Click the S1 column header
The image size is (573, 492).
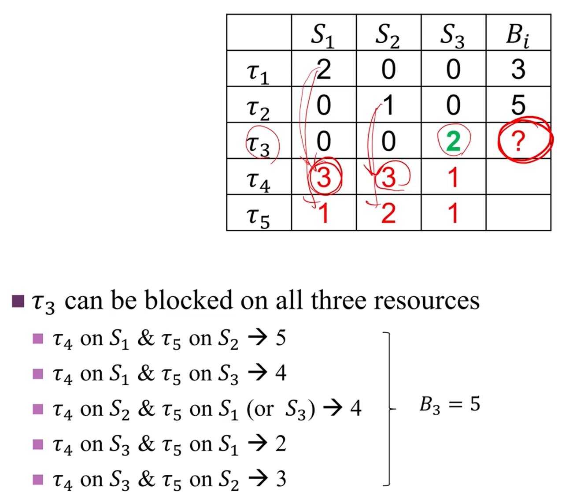click(x=322, y=36)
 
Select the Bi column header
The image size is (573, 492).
click(x=518, y=36)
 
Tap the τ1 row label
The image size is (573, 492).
click(x=258, y=73)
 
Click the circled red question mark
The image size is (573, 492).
click(x=518, y=141)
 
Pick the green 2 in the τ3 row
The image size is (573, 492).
click(x=453, y=141)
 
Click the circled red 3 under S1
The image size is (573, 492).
click(x=324, y=177)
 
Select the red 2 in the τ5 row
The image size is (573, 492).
click(x=388, y=213)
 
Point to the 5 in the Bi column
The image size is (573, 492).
click(x=518, y=105)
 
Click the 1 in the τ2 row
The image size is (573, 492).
click(x=388, y=105)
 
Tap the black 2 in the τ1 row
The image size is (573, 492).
click(x=324, y=69)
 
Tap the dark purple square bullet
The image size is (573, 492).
click(x=18, y=301)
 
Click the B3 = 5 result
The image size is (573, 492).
click(x=450, y=405)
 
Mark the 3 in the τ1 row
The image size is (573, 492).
click(x=518, y=69)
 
